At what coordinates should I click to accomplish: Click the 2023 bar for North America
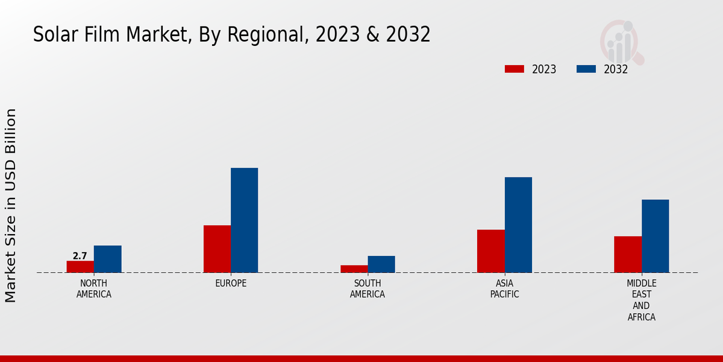tap(80, 267)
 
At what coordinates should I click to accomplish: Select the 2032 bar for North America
tap(107, 259)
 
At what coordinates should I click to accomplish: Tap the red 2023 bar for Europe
tap(217, 249)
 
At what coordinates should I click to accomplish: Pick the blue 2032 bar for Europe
tap(244, 220)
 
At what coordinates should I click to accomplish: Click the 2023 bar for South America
tap(354, 269)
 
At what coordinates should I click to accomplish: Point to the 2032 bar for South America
tap(381, 264)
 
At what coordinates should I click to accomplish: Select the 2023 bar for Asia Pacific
tap(490, 251)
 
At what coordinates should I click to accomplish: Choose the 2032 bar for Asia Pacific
tap(518, 224)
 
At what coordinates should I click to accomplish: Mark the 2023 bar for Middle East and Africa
tap(628, 254)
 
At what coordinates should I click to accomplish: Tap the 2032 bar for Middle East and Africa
tap(655, 236)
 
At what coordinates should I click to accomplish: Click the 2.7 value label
tap(80, 256)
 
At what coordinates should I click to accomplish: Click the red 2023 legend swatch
tap(515, 69)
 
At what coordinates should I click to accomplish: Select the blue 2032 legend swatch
tap(586, 69)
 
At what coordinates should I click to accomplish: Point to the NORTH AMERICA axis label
tap(94, 289)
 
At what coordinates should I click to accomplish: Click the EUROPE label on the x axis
tap(231, 284)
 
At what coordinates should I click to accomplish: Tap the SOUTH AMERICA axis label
tap(368, 289)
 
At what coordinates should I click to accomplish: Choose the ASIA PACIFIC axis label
tap(504, 289)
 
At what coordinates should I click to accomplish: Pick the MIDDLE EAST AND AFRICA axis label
tap(642, 300)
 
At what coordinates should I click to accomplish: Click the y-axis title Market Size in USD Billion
tap(11, 205)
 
